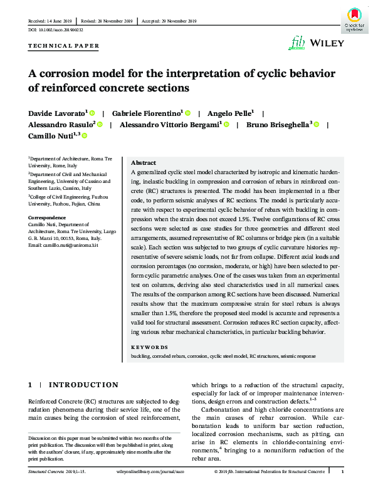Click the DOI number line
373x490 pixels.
[x=55, y=29]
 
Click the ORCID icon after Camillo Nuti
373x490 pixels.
[x=84, y=135]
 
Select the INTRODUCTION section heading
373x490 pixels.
[x=83, y=385]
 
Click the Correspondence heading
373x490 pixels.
[x=48, y=217]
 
